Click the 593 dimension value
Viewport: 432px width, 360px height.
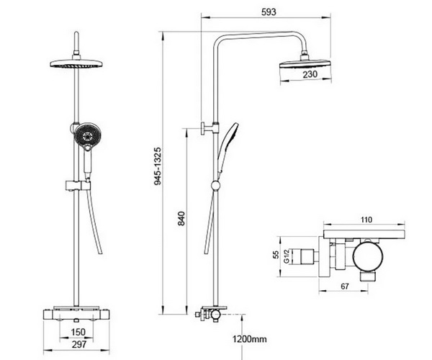click(269, 12)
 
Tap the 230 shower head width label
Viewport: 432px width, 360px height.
click(310, 74)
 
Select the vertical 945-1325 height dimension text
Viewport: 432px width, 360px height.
click(158, 166)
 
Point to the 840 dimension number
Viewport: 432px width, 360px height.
click(181, 218)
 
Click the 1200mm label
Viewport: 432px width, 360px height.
click(250, 338)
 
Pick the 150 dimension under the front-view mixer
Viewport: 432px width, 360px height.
click(78, 332)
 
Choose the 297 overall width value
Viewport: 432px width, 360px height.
click(79, 344)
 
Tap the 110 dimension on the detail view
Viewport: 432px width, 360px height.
click(366, 220)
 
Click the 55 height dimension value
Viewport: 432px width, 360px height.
click(276, 254)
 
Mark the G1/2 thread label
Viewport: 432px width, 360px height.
click(287, 256)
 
